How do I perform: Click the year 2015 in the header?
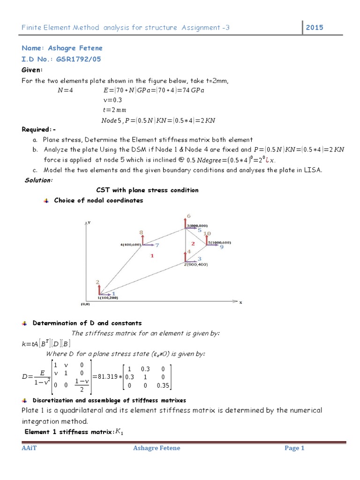[315, 28]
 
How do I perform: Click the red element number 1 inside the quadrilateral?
[152, 255]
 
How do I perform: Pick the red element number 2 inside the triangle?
[193, 243]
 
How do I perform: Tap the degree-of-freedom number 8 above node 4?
[141, 232]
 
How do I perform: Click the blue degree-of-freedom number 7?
[157, 245]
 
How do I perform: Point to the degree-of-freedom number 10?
[207, 233]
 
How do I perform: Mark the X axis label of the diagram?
[240, 303]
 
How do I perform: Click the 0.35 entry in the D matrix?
[163, 386]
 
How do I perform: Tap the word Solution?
[38, 180]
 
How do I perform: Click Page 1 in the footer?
[294, 448]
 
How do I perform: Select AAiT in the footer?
[29, 448]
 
